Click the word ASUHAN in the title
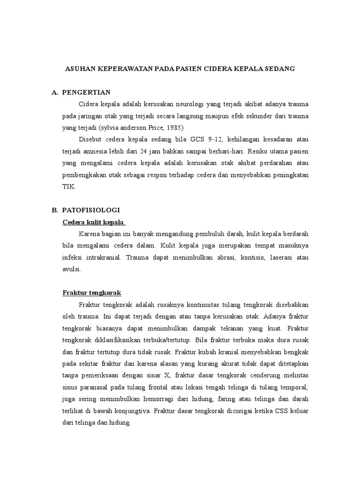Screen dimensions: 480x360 coord(78,68)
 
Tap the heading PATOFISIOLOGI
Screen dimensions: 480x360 coord(91,210)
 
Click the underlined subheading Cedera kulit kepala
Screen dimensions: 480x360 coord(94,222)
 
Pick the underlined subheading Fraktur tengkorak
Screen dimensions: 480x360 coord(92,292)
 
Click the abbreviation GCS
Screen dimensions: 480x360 coord(198,140)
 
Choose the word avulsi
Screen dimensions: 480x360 coord(72,269)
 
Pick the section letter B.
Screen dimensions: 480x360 coord(54,210)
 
